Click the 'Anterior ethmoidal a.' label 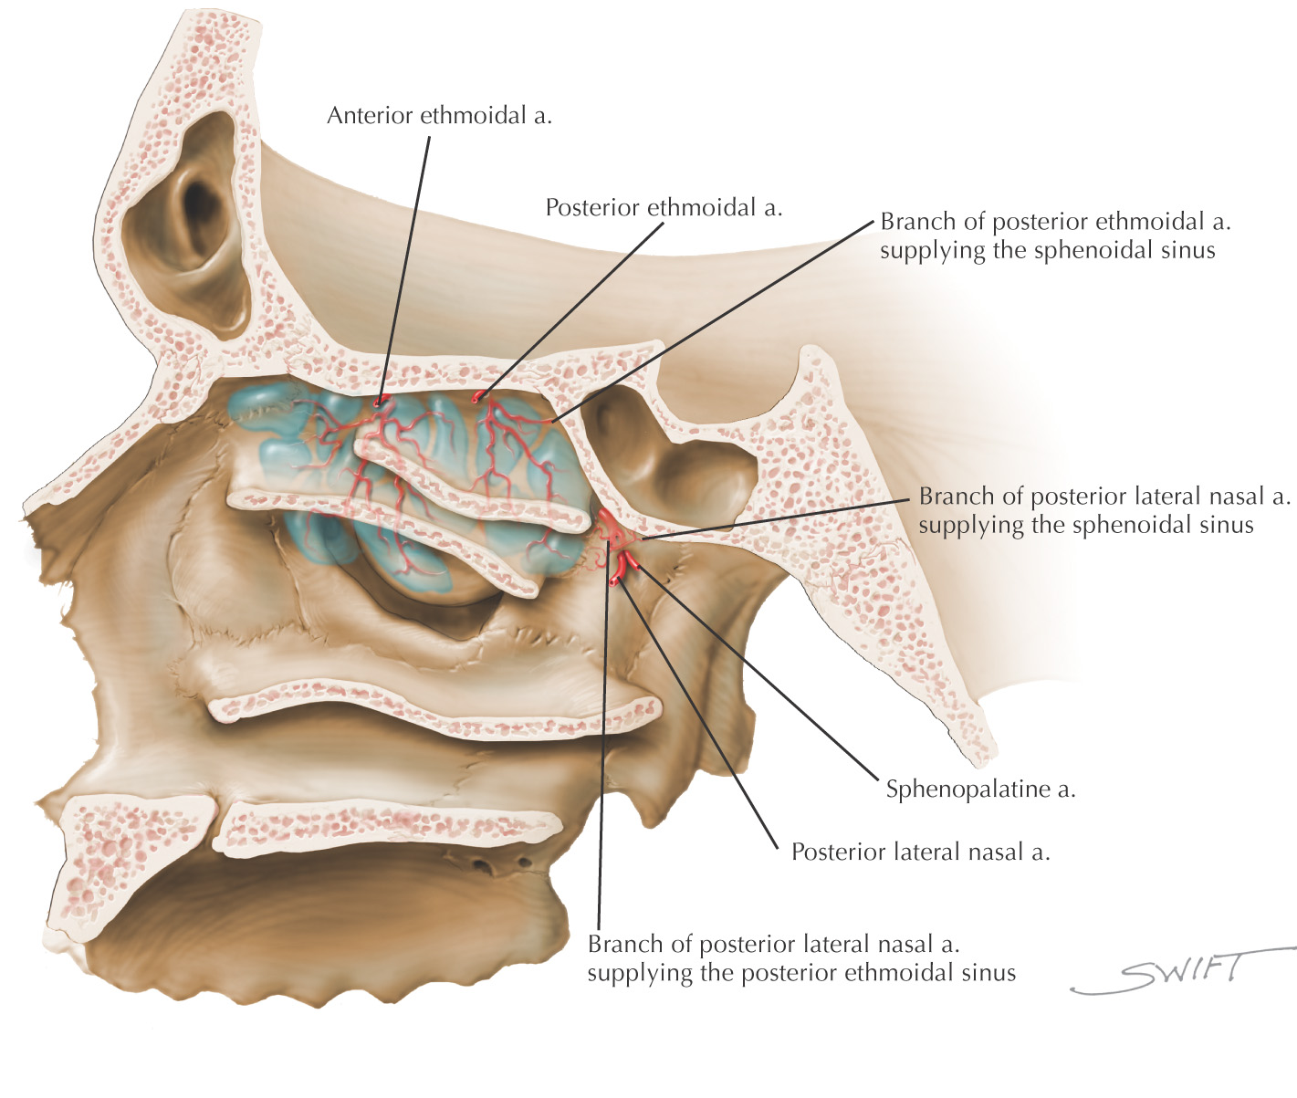[x=439, y=116]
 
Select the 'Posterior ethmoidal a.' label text [x=664, y=208]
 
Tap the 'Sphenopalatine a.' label [x=980, y=790]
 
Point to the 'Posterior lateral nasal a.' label [x=920, y=852]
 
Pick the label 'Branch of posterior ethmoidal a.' [x=1055, y=222]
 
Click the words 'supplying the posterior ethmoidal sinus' [x=800, y=973]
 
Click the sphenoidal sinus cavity [x=675, y=456]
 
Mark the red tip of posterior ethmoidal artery [x=476, y=397]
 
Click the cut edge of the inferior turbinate [x=429, y=712]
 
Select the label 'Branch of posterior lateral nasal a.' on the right [x=1103, y=497]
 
